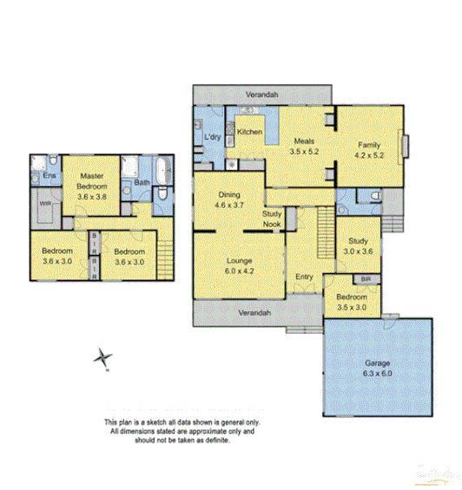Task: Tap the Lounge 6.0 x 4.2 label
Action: (x=236, y=264)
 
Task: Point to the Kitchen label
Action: (x=250, y=132)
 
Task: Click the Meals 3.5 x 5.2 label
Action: (x=303, y=145)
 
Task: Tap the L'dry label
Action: (x=211, y=139)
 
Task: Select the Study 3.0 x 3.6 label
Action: (x=358, y=245)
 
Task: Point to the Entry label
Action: (x=304, y=277)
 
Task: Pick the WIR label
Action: (x=44, y=204)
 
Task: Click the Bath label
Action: (x=142, y=182)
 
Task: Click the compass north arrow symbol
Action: (x=103, y=357)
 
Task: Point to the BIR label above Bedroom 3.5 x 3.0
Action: (x=366, y=279)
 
